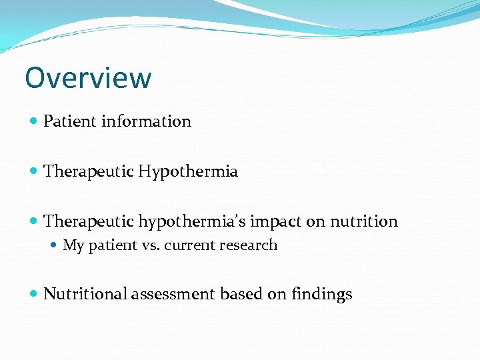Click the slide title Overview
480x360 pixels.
coord(88,78)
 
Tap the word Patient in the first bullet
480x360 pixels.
coord(70,121)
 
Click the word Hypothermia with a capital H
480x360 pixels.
coord(188,172)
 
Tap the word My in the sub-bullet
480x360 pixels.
coord(73,245)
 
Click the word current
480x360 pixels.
coord(187,245)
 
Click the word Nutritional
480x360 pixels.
coord(85,294)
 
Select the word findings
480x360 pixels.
coord(321,295)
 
